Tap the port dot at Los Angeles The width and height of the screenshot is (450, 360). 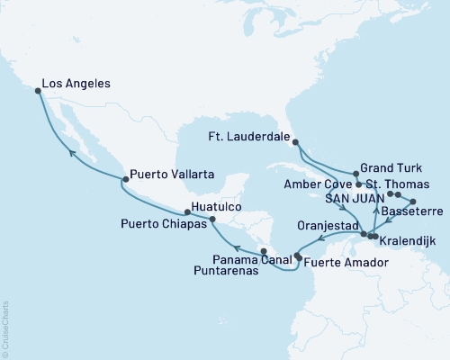[38, 90]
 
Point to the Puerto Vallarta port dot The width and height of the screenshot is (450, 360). [123, 180]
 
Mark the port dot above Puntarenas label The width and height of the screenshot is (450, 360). [263, 251]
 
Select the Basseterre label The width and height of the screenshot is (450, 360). [412, 212]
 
